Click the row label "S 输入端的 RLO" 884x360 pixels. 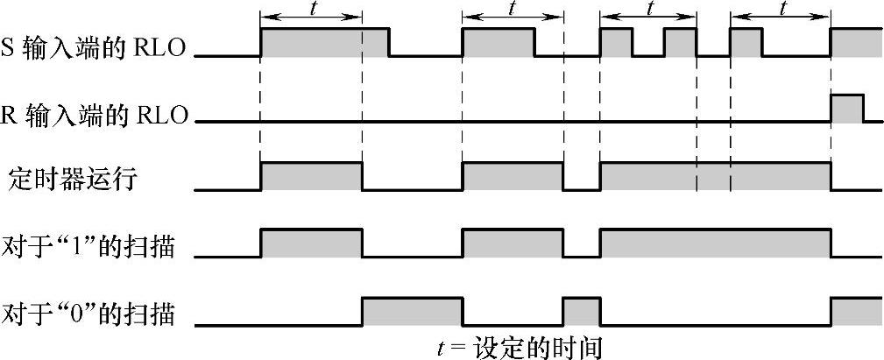95,46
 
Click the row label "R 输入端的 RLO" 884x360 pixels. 96,114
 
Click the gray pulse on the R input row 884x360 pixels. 847,107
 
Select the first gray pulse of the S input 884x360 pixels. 324,42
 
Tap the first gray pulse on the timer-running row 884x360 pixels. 311,175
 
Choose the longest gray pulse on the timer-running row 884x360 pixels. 715,175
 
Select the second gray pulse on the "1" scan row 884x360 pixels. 513,243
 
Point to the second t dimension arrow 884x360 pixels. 513,18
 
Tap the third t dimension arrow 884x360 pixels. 648,18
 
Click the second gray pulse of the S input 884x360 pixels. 498,42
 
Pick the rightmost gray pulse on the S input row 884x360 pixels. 856,42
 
